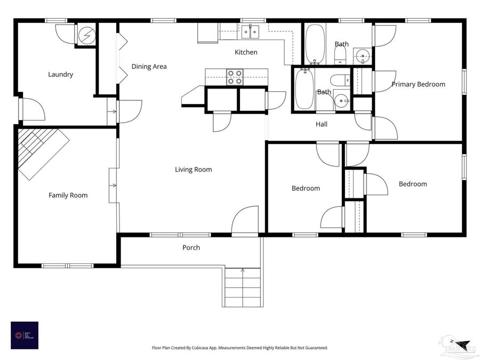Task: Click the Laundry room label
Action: coord(60,75)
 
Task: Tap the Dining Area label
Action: coord(149,67)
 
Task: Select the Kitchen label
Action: coord(246,52)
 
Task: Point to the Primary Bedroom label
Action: coord(418,84)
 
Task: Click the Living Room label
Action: coord(193,170)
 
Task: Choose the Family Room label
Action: coord(68,195)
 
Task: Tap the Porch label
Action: coord(191,247)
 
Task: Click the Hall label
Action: coord(321,124)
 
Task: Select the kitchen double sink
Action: coord(251,32)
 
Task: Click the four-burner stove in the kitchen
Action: coord(235,77)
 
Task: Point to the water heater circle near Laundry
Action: coord(85,35)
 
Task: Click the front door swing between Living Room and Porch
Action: coord(244,221)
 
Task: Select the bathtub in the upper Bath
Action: coord(315,44)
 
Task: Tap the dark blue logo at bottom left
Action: coord(25,335)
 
